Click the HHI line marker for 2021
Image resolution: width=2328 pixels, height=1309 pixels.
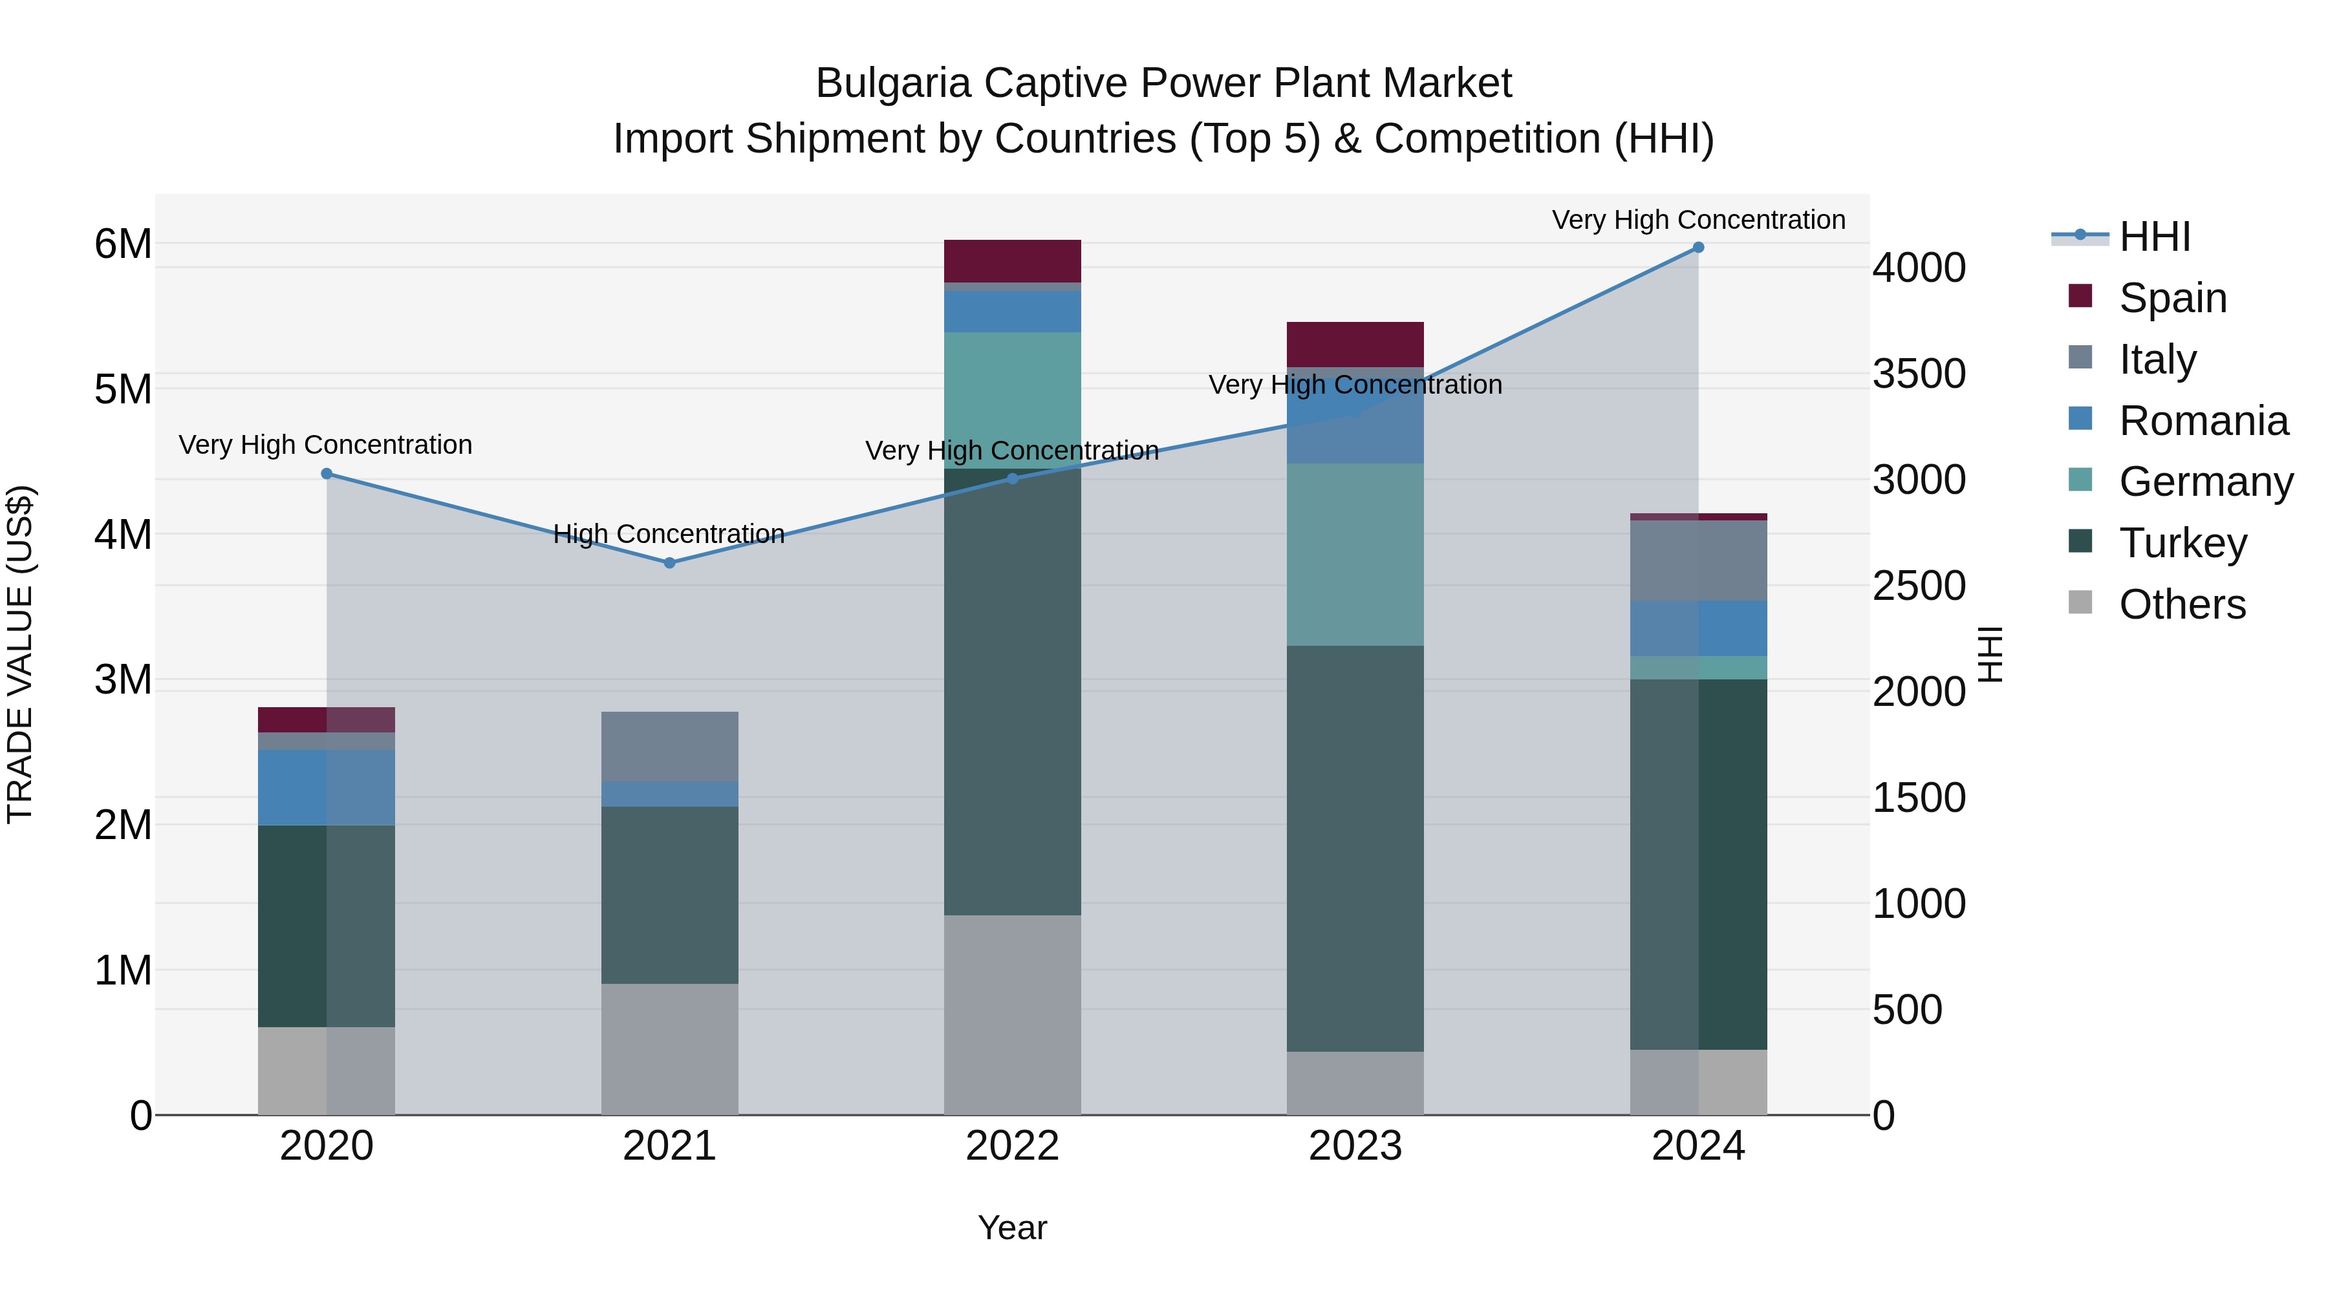coord(670,563)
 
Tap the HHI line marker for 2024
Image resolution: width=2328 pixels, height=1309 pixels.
coord(1698,248)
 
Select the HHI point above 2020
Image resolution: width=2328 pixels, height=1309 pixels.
coord(327,473)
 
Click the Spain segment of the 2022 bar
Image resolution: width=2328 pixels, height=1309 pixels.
coord(1012,261)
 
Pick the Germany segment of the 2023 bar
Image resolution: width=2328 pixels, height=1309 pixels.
coord(1355,555)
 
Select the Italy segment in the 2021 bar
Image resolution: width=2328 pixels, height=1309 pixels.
coord(670,746)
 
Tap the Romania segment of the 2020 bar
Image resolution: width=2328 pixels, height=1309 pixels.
coord(327,787)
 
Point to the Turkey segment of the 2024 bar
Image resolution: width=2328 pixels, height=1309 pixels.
coord(1698,864)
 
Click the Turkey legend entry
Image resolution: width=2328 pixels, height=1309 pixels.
coord(2182,543)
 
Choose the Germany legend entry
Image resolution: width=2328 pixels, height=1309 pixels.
coord(2205,482)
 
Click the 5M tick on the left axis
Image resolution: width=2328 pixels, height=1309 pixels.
coord(123,389)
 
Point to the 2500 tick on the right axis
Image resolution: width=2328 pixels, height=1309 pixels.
coord(1919,586)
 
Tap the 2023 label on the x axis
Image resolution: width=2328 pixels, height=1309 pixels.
coord(1355,1146)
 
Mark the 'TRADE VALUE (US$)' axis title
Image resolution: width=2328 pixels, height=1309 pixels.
coord(20,654)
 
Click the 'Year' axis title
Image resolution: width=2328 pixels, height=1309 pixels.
coord(1012,1228)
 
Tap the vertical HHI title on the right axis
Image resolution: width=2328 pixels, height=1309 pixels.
coord(1990,654)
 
